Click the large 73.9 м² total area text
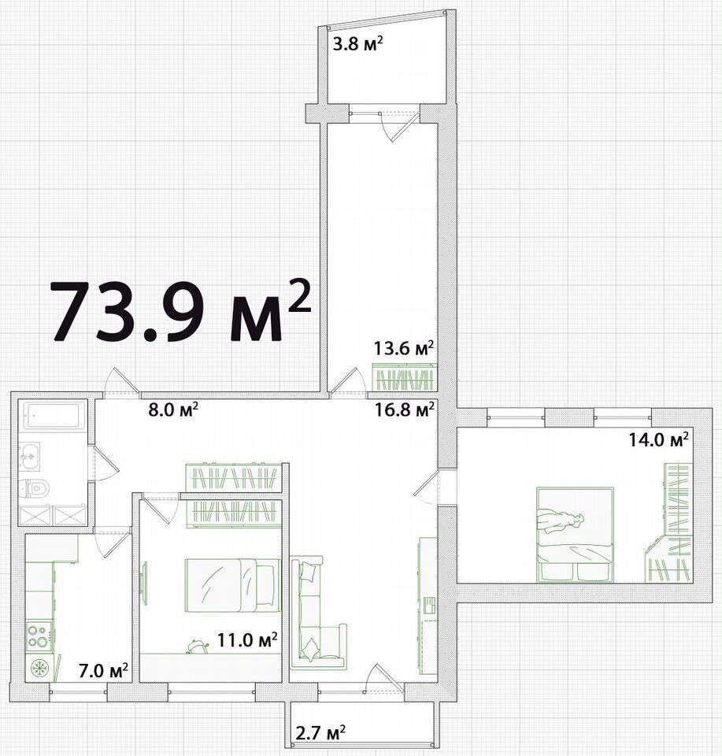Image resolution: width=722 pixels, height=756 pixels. pos(180,311)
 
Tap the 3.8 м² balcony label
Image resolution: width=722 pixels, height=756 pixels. pos(358,45)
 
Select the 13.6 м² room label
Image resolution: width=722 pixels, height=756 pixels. pos(405,347)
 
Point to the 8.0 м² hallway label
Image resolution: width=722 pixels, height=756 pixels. pos(172,410)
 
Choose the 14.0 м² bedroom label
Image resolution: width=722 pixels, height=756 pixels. pos(658,439)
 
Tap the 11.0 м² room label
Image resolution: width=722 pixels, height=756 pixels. pos(246,640)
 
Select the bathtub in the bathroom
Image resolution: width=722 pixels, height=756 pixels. pos(53,415)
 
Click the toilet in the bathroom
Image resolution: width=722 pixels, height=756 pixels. pos(34,488)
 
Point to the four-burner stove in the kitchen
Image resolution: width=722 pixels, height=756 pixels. pos(39,636)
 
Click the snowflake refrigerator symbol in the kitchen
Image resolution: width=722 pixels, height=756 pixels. pos(39,669)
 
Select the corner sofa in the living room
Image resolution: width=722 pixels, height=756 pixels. pos(317,613)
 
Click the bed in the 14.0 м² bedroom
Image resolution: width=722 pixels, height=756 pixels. pos(575,535)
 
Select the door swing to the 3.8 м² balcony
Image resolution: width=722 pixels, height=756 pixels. pos(398,127)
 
